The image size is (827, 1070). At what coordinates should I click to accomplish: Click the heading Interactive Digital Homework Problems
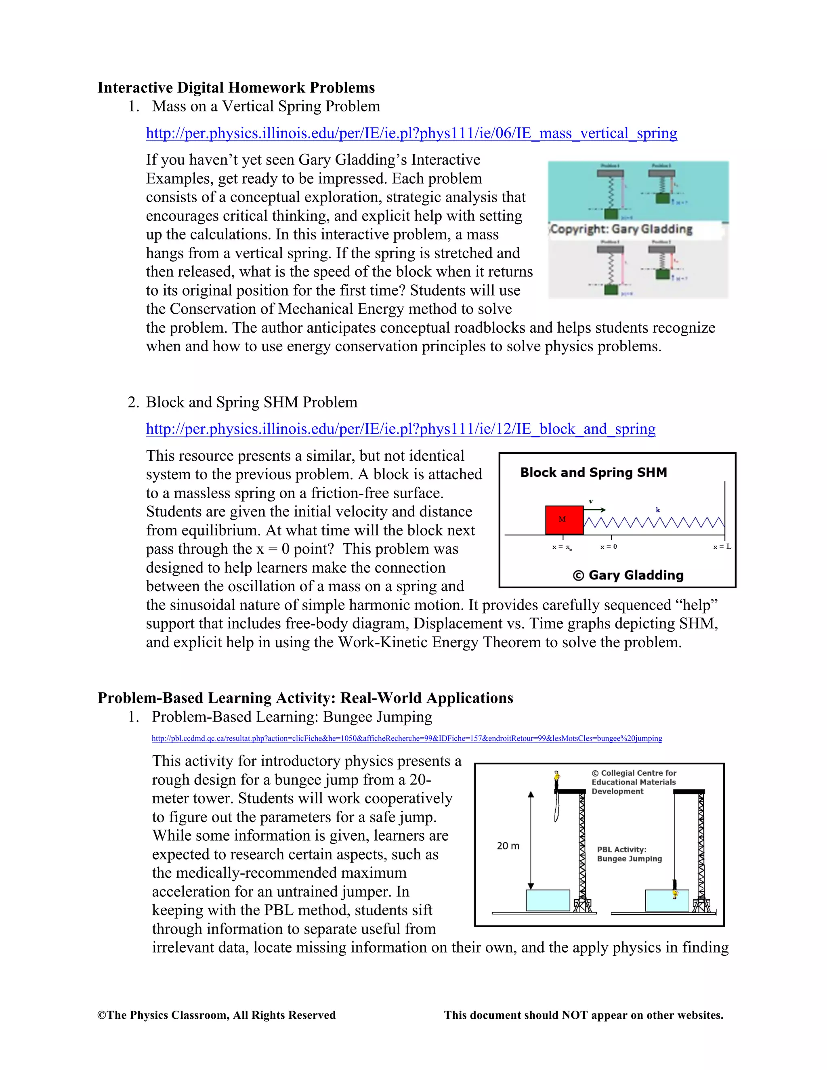pos(236,88)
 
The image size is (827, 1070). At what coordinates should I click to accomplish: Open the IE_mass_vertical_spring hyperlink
pos(411,133)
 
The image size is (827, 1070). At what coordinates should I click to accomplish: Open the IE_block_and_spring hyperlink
pos(400,429)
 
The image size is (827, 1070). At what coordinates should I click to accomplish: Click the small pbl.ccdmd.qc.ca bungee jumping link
pos(407,739)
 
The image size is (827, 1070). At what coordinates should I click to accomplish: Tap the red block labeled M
pos(564,520)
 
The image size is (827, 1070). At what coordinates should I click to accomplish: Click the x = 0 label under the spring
pos(609,547)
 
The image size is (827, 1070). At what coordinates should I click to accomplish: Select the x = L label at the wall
pos(722,547)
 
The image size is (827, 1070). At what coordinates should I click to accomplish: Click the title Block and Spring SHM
pos(593,472)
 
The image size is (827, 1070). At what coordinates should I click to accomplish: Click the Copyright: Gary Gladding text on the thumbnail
pos(621,229)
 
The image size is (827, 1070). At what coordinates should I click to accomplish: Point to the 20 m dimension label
pos(508,846)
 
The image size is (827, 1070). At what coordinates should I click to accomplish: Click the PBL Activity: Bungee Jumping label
pos(629,854)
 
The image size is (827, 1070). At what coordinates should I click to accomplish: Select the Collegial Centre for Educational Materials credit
pos(634,782)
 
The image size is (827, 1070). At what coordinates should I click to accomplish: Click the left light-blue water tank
pos(548,900)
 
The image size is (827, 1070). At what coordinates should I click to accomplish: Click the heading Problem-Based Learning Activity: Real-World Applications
pos(305,698)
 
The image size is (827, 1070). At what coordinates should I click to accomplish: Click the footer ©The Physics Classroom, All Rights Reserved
pos(216,1015)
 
